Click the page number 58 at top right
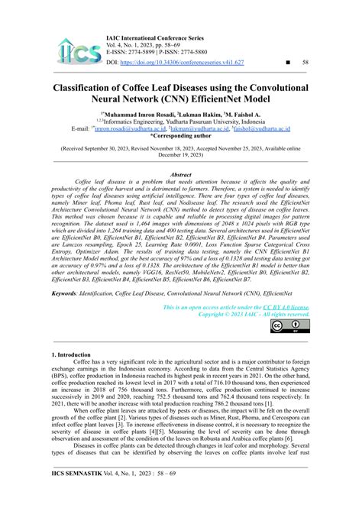[x=305, y=62]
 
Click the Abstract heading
[x=180, y=175]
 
